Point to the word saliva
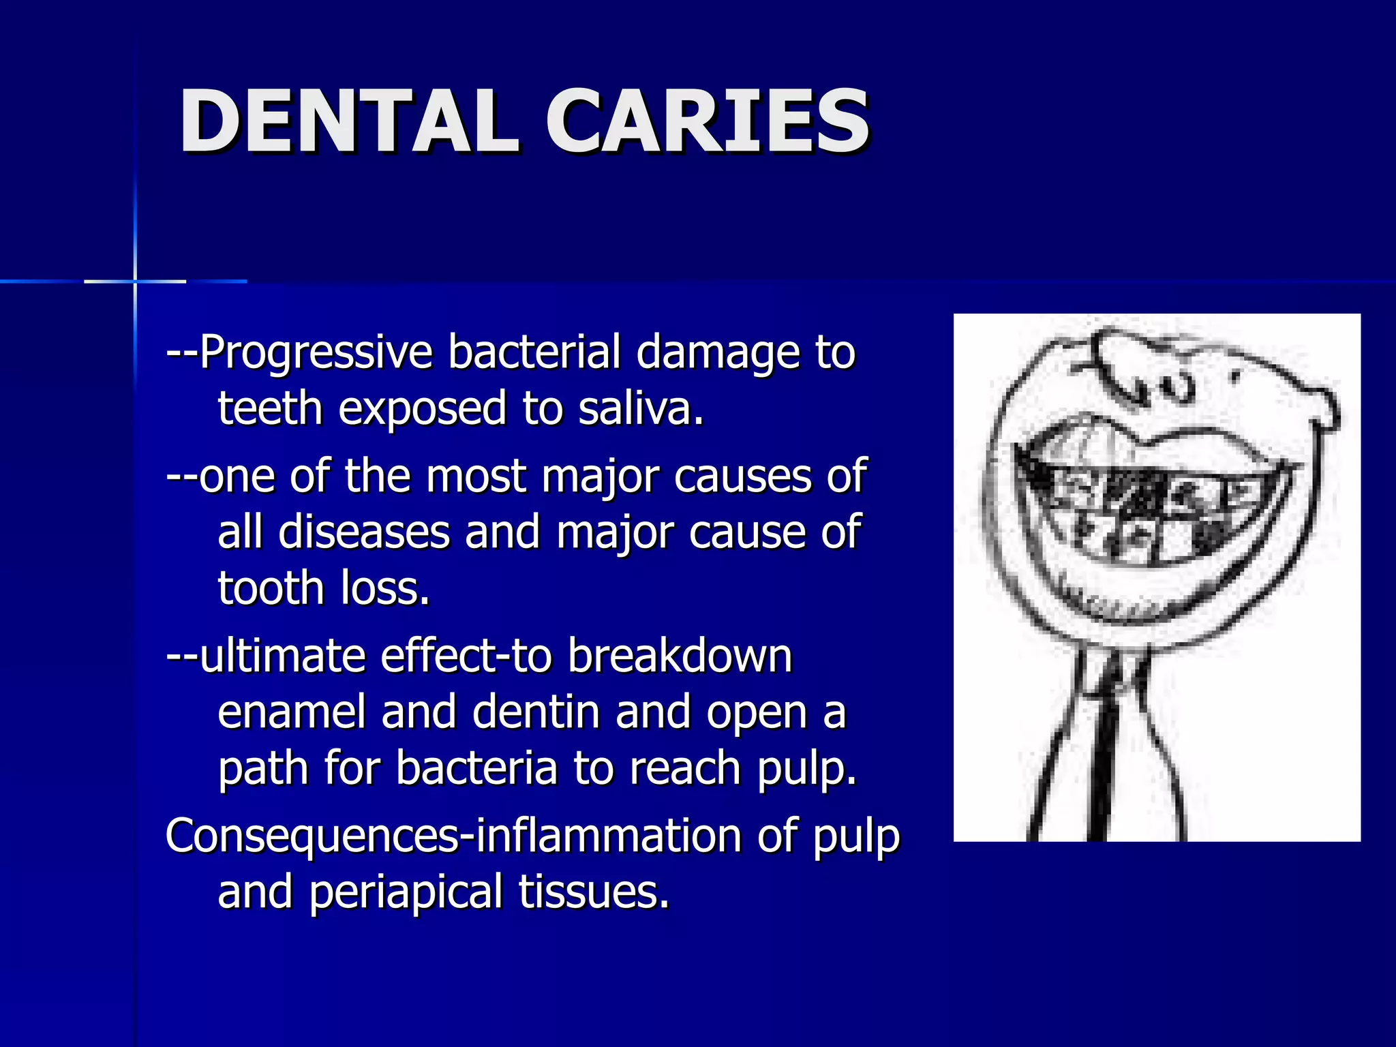coord(641,408)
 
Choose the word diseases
coord(364,532)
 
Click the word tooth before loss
coord(271,588)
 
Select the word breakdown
coord(680,656)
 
